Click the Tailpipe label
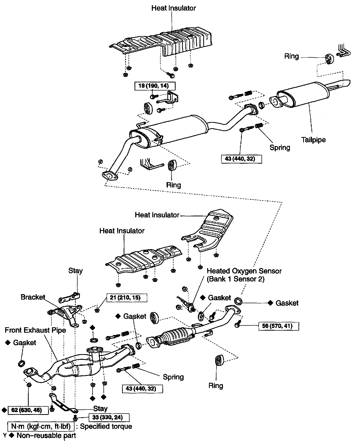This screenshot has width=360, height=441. coord(313,140)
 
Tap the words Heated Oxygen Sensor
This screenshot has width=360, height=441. coord(244,271)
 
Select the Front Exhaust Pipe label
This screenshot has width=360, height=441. coord(35,330)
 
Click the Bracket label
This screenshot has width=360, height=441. coord(33,297)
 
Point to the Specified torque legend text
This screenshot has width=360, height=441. coord(106,426)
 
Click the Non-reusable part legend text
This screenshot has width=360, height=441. coord(46,436)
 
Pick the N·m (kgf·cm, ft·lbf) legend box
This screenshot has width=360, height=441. coord(41,426)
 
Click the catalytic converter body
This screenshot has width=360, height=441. coord(176,336)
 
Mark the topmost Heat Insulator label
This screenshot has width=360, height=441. coord(174,8)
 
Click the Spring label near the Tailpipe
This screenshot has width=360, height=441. coord(280,148)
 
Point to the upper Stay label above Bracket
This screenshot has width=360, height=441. coord(76,271)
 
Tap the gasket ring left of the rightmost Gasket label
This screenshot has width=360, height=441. coord(238,301)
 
